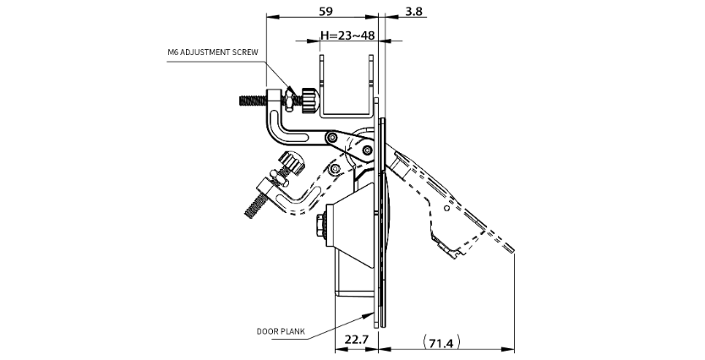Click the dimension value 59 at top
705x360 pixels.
coord(325,11)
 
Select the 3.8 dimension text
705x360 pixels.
coord(414,11)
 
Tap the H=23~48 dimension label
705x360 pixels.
coord(347,36)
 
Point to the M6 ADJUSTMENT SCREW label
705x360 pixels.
coord(212,52)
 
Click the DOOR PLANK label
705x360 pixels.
coord(280,331)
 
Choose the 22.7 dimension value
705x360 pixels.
coord(356,341)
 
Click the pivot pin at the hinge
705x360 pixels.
coord(366,150)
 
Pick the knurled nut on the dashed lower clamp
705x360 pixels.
coord(292,161)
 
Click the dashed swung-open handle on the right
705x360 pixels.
coord(448,207)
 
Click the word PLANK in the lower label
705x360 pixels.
coord(292,331)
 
